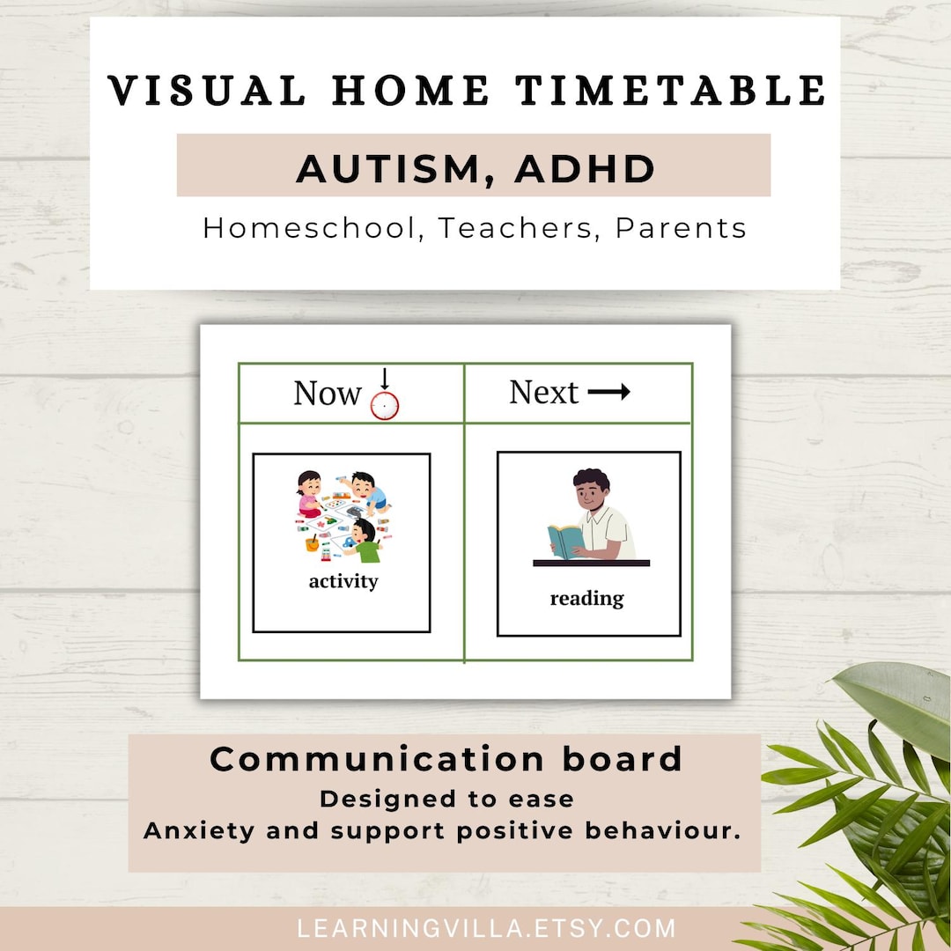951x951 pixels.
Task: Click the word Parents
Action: [x=681, y=228]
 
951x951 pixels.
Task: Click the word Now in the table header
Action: [x=327, y=394]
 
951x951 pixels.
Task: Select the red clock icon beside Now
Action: [x=385, y=404]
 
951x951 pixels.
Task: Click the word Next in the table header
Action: [x=543, y=393]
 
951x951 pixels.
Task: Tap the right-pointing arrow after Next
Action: [x=609, y=393]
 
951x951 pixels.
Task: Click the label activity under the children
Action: [x=343, y=581]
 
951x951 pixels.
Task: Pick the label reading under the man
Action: [x=586, y=599]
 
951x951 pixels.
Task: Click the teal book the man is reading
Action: [x=565, y=541]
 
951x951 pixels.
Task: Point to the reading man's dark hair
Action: [x=591, y=481]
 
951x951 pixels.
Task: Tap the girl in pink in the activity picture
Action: [x=310, y=494]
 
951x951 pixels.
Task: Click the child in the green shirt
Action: [x=365, y=542]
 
